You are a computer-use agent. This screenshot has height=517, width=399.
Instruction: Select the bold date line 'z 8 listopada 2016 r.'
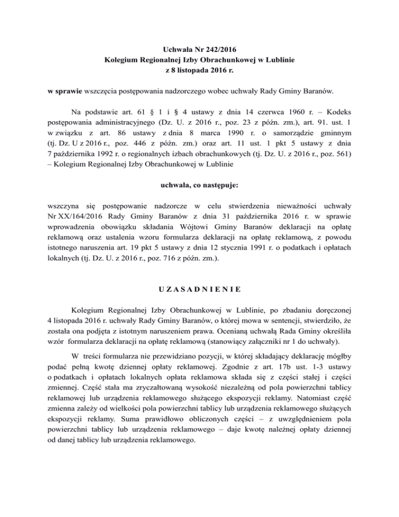199,70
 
